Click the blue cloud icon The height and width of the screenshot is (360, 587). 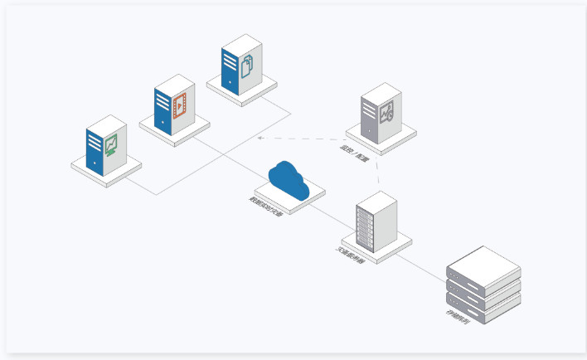tap(288, 182)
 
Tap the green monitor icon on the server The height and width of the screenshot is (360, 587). tap(111, 147)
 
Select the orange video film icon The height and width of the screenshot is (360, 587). tap(179, 105)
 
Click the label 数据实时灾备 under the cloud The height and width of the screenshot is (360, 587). tap(266, 206)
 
